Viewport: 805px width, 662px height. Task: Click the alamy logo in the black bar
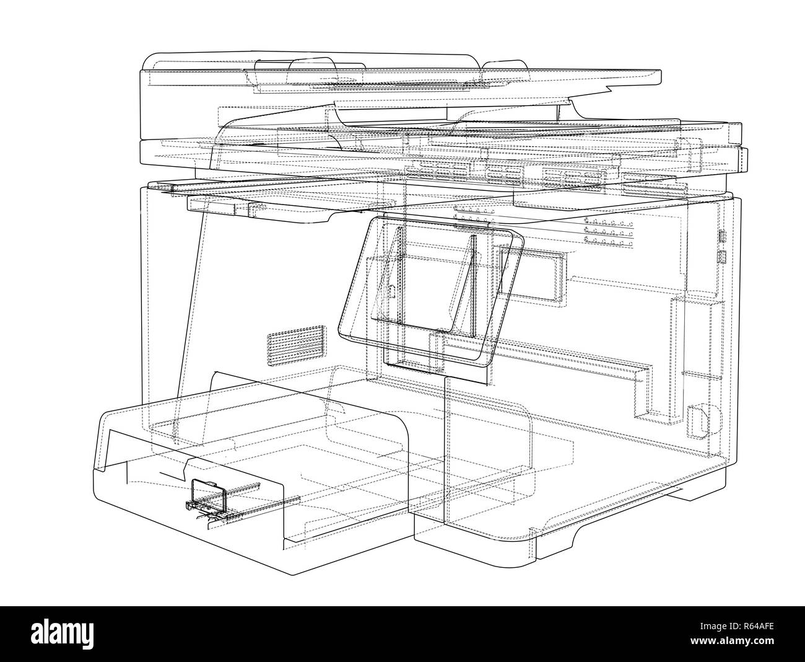click(x=62, y=633)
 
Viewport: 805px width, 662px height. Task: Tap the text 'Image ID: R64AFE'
click(x=737, y=626)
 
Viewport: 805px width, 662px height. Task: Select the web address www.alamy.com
click(x=732, y=640)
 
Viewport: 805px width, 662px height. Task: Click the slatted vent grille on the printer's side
click(x=297, y=345)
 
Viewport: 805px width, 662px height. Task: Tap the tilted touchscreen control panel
click(x=432, y=292)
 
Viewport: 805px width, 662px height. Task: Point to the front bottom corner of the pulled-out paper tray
click(x=292, y=575)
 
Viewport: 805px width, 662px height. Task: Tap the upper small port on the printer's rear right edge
click(x=722, y=236)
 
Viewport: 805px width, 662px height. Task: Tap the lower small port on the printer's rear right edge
click(x=721, y=257)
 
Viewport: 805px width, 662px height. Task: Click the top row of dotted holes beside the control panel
click(x=609, y=221)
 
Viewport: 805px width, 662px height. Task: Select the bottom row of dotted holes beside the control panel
click(x=609, y=241)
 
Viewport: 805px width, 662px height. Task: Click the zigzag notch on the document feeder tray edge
click(x=606, y=90)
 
